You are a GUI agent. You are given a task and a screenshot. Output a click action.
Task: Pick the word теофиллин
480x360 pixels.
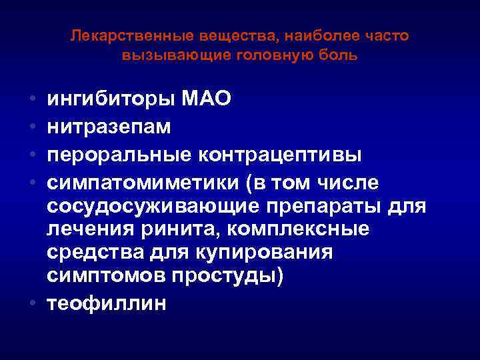click(x=107, y=303)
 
